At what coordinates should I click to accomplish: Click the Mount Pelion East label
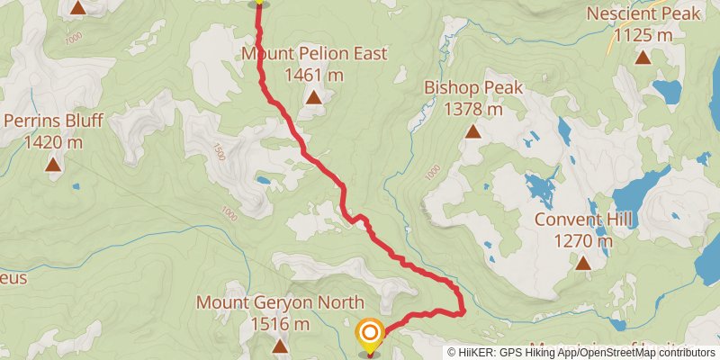point(314,54)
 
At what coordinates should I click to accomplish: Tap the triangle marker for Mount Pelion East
point(313,97)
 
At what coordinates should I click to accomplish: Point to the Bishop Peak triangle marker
point(473,131)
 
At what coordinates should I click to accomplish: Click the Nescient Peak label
point(643,14)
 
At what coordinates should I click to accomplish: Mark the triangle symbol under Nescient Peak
point(643,58)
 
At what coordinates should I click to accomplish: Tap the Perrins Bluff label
point(54,121)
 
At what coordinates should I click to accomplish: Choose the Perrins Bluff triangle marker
point(54,164)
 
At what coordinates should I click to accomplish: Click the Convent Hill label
point(583,220)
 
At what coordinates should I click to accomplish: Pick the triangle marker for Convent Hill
point(583,263)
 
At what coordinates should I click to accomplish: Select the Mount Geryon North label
point(280,302)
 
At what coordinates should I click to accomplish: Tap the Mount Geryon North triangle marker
point(280,345)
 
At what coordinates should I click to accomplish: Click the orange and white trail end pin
point(370,333)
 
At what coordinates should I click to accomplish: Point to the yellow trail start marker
point(259,2)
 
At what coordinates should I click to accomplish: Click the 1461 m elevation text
point(314,76)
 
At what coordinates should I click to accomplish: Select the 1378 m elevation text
point(473,110)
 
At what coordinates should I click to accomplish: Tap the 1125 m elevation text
point(643,36)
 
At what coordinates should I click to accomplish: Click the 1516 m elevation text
point(280,324)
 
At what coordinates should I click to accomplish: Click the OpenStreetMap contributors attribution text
point(647,353)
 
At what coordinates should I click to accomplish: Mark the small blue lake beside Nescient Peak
point(667,90)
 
